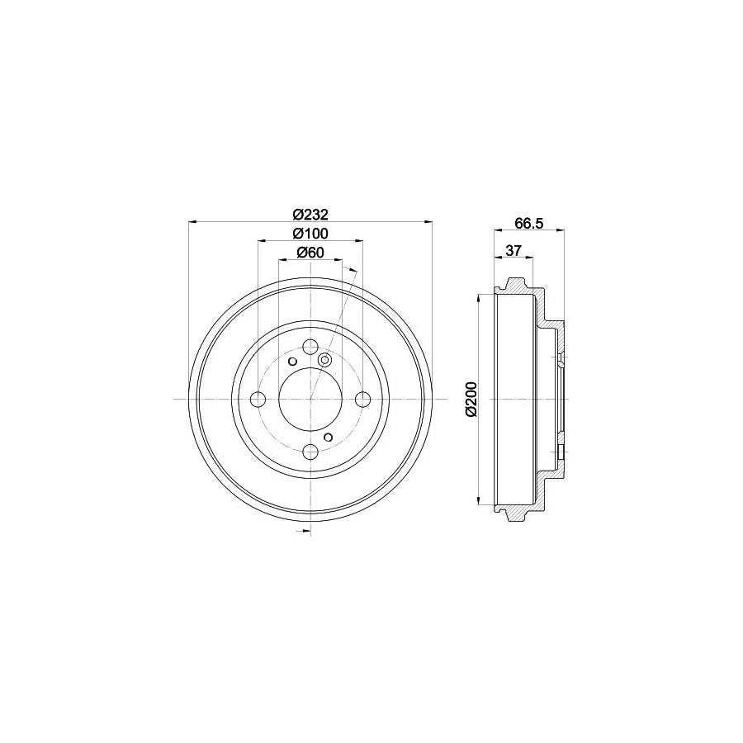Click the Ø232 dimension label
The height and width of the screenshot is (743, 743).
tap(310, 215)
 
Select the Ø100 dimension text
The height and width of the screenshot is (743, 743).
tap(310, 234)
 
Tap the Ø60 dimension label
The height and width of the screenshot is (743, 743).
tap(310, 253)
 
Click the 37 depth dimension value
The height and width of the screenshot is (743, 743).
tap(513, 251)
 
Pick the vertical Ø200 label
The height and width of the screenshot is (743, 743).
tap(471, 399)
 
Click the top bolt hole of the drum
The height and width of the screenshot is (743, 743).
tap(310, 347)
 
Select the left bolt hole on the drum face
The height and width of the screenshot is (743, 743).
tap(258, 400)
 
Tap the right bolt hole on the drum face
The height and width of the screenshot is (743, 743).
tap(363, 400)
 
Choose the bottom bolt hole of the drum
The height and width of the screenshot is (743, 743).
tap(310, 452)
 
